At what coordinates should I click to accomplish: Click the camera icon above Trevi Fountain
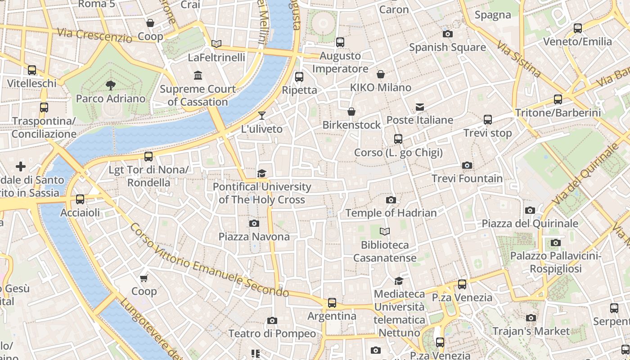tap(467, 165)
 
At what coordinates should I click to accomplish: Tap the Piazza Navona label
tap(254, 236)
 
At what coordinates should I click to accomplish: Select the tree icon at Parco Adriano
tap(110, 85)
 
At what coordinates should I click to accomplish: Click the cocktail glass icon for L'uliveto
tap(262, 116)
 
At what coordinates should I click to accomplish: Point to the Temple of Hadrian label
tap(391, 213)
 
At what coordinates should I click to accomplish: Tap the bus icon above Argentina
tap(332, 303)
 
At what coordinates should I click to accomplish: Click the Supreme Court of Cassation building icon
tap(198, 75)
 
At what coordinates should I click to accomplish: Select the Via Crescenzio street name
tap(94, 35)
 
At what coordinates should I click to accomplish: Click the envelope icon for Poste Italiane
tap(420, 107)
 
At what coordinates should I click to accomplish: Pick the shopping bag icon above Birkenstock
tap(351, 112)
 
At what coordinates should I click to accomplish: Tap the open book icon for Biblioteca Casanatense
tap(384, 232)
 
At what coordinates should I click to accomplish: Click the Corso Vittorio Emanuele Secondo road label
tap(209, 260)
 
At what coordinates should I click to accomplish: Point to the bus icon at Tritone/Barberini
tap(558, 99)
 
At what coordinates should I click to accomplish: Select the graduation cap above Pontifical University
tap(261, 173)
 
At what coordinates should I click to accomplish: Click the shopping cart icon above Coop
tap(144, 278)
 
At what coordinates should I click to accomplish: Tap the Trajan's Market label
tap(531, 331)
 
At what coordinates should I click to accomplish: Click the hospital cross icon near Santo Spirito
tap(21, 167)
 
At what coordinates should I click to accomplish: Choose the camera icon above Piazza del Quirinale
tap(530, 210)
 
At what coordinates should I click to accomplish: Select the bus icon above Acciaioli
tap(80, 199)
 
